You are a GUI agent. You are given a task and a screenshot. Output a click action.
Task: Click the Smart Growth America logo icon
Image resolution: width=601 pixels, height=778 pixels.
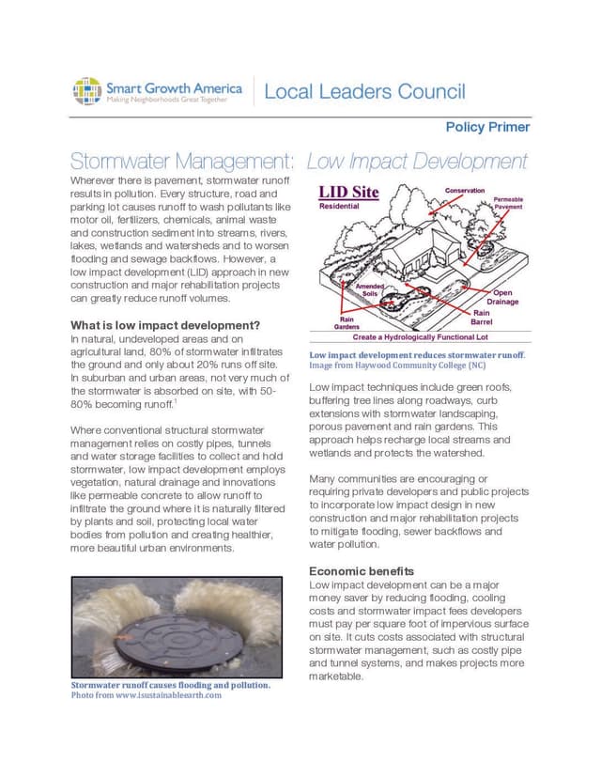(x=86, y=92)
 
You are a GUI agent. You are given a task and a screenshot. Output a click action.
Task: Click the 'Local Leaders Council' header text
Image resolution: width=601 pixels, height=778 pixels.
(x=364, y=91)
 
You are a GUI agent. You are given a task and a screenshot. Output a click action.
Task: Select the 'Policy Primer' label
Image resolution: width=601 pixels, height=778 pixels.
(x=487, y=127)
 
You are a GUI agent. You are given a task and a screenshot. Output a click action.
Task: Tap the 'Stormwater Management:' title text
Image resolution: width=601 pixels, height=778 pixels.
(x=184, y=161)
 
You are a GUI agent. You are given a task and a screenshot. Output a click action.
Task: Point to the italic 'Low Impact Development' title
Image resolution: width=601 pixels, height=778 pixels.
(x=418, y=161)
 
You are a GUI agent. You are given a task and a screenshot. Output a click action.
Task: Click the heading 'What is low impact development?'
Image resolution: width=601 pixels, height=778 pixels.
(x=165, y=326)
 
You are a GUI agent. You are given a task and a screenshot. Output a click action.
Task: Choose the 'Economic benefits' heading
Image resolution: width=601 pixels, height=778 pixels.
(x=362, y=570)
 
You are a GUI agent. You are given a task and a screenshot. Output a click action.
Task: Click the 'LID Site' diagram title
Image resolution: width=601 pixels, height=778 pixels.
(x=348, y=193)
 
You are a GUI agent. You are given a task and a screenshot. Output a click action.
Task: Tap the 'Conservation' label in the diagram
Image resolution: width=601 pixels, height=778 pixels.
(x=465, y=191)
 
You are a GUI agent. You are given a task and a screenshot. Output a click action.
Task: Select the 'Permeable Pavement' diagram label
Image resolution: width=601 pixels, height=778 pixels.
(x=508, y=203)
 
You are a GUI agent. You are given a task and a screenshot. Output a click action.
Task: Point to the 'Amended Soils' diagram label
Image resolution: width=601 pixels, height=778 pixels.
(x=369, y=288)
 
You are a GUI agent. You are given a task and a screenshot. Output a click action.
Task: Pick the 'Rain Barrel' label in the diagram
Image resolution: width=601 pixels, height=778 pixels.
(x=482, y=318)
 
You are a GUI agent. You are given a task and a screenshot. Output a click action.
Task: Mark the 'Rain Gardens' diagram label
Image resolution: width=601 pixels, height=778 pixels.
(x=347, y=322)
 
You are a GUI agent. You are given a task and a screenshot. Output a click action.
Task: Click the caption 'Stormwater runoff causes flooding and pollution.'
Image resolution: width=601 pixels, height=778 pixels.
(x=170, y=685)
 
